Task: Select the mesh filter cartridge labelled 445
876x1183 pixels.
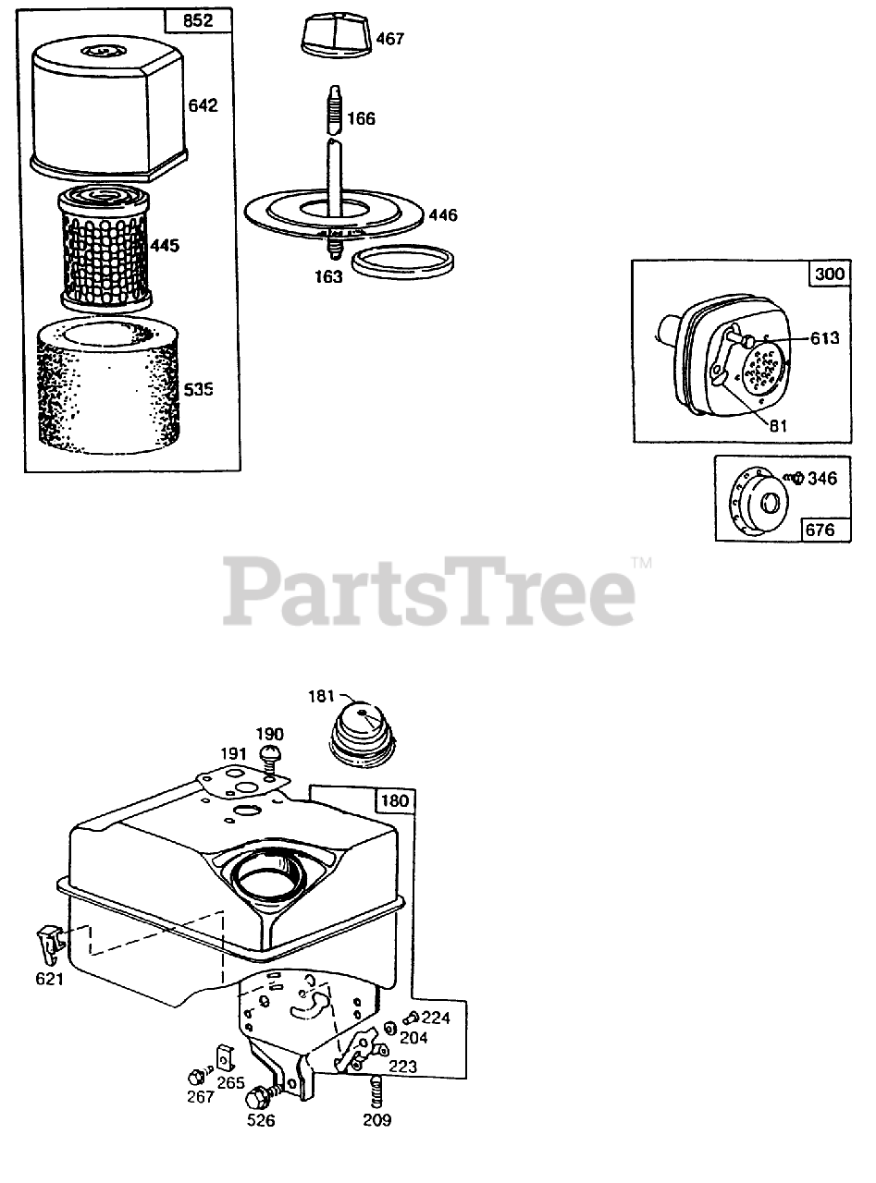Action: [104, 247]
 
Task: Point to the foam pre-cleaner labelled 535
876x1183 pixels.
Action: [107, 388]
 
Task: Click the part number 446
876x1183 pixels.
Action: [443, 215]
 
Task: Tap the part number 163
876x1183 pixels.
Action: [327, 276]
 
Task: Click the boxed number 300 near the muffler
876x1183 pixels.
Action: [828, 275]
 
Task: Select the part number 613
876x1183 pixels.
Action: [824, 338]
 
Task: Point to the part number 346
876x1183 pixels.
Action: [823, 479]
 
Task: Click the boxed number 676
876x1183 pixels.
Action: [820, 529]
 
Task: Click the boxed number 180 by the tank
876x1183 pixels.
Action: [395, 800]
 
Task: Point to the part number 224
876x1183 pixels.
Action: [436, 1018]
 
